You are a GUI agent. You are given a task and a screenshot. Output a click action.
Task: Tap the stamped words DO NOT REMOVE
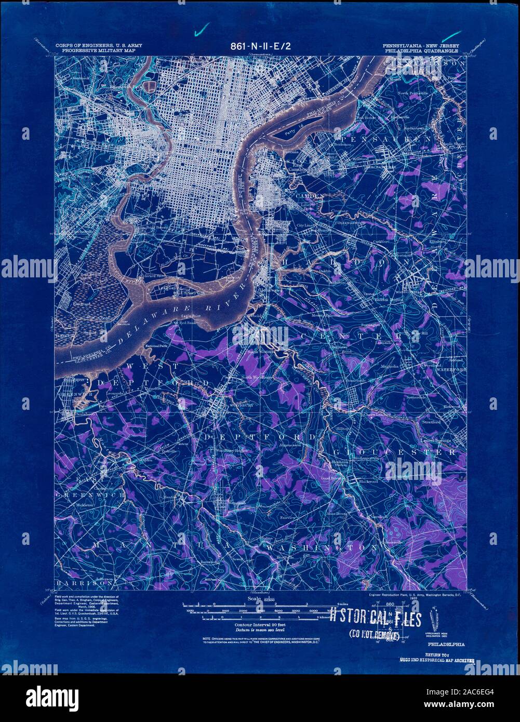[x=374, y=634]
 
